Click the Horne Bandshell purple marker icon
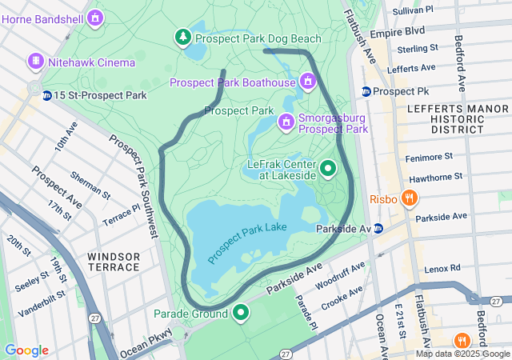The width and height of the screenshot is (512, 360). click(96, 17)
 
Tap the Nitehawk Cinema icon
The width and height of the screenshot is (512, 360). click(35, 62)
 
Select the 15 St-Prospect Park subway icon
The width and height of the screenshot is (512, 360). click(47, 95)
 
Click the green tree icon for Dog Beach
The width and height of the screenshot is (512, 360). click(183, 38)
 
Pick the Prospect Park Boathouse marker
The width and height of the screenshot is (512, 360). click(307, 81)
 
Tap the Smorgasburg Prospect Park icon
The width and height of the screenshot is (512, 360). click(286, 122)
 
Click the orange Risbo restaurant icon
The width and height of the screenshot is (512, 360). click(409, 198)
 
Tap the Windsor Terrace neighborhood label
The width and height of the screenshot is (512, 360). click(114, 262)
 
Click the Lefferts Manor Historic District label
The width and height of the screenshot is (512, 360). click(445, 118)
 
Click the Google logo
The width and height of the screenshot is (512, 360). click(26, 350)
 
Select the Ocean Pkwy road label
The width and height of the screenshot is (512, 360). click(146, 346)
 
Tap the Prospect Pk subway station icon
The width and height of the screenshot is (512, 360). click(366, 91)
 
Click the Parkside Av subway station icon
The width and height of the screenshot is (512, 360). click(379, 229)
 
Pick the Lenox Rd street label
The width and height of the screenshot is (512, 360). click(443, 267)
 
